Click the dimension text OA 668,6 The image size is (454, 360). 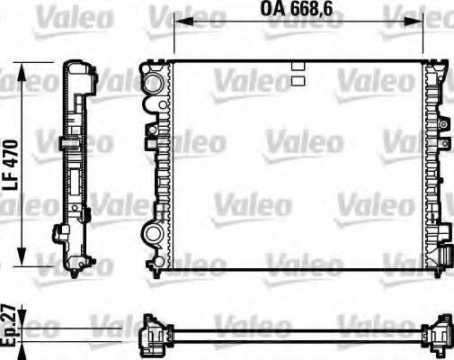(x=298, y=9)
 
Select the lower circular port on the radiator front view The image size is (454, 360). (x=154, y=235)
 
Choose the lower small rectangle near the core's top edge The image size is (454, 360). (x=298, y=80)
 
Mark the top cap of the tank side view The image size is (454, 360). (x=77, y=70)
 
